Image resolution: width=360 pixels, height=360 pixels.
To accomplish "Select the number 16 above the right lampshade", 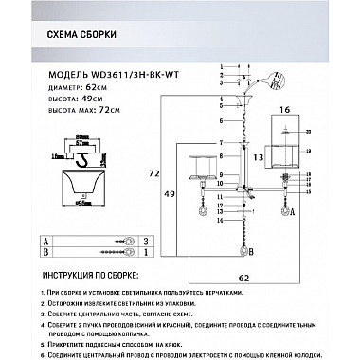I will tap(286, 111).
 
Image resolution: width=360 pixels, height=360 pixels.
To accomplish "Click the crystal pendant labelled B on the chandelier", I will tap(244, 253).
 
